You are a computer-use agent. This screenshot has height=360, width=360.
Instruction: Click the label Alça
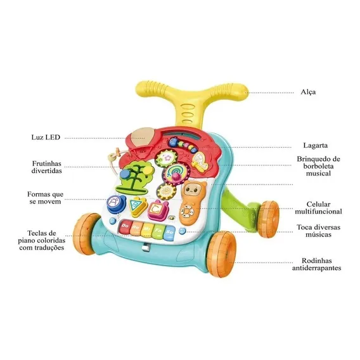coord(308,92)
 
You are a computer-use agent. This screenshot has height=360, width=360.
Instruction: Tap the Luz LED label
coord(46,138)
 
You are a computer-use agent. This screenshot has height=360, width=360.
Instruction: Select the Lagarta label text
coord(315,145)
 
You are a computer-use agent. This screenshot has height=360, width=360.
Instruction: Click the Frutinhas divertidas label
coord(47,167)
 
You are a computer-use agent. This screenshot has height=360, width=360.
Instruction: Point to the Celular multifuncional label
coord(318,208)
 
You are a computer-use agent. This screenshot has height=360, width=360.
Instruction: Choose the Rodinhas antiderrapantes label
coord(317,264)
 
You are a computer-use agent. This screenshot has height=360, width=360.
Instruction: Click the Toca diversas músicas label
coord(318,231)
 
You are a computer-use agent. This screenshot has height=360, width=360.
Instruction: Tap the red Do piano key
coord(125,227)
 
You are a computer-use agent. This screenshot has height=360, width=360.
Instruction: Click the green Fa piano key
coord(158,230)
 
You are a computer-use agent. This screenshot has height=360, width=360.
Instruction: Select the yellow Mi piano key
coord(147,229)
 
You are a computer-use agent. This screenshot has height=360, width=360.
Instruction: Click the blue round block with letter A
coord(113,203)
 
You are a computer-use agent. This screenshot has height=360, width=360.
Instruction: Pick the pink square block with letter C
coord(155,209)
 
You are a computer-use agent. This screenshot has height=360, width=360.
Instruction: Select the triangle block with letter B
coord(138,207)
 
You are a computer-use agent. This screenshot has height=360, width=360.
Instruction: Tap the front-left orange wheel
coord(87,231)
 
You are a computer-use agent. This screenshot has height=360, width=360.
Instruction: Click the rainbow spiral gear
coord(173,173)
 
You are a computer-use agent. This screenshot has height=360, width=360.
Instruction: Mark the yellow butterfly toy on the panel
coord(199,161)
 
